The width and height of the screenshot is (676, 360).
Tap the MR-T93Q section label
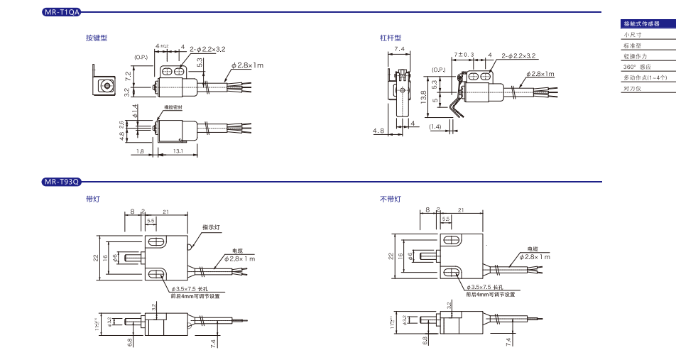click(62, 182)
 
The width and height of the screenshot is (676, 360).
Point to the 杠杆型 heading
click(391, 38)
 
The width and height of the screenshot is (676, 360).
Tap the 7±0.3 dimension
click(464, 55)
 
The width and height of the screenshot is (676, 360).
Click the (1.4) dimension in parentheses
click(435, 126)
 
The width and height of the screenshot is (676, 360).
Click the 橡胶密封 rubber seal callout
click(173, 107)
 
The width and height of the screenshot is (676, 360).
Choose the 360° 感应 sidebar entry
click(636, 67)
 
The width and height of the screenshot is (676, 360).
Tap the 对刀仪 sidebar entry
click(631, 89)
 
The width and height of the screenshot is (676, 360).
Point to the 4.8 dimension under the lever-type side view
click(380, 131)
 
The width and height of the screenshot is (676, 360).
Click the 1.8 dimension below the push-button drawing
click(140, 151)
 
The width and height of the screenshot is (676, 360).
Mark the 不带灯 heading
click(390, 200)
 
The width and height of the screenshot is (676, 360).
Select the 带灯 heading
click(92, 200)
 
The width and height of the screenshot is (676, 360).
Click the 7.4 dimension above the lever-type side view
click(399, 49)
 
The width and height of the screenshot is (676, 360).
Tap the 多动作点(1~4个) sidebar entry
click(645, 77)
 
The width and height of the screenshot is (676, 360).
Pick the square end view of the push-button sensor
click(106, 86)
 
